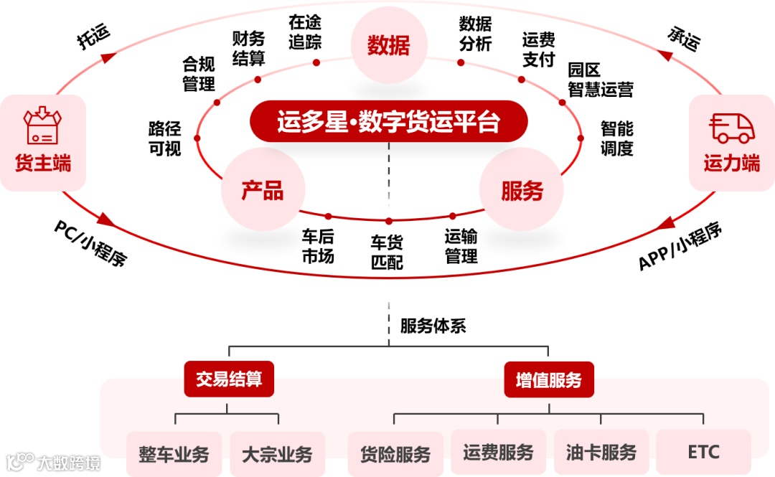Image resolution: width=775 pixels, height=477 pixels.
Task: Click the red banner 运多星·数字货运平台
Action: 388,121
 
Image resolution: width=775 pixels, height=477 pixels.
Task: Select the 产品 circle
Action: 263,190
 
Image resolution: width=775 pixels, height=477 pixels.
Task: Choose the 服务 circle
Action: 522,190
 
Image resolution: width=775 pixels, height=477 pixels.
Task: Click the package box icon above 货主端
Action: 42,125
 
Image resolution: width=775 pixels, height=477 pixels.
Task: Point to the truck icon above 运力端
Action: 731,127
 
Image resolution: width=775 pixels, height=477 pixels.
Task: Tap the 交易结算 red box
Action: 229,379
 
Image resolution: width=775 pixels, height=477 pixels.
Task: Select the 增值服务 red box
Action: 548,379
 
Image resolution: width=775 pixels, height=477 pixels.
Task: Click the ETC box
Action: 703,453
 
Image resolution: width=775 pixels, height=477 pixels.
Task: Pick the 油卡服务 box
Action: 601,453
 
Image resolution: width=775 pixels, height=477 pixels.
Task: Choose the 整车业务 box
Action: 174,454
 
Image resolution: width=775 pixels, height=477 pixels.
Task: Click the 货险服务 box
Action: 395,454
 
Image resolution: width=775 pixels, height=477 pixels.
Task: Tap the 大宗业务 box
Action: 277,454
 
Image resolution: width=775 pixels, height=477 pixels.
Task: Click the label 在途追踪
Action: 305,32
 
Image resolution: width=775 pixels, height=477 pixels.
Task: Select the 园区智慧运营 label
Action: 600,80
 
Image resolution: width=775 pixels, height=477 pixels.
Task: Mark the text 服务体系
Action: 433,326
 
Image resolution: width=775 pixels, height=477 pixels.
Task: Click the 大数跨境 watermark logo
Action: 54,463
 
